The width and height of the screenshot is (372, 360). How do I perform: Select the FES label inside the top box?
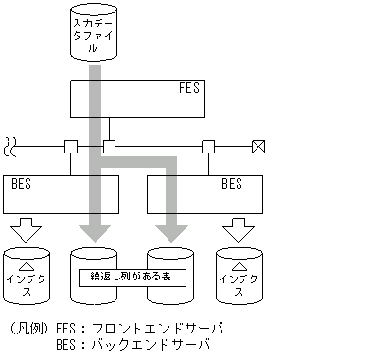point(189,89)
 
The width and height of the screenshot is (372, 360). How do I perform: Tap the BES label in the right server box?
point(231,183)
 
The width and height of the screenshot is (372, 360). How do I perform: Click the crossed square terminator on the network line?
point(257,147)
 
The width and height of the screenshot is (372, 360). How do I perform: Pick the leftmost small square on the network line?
point(70,147)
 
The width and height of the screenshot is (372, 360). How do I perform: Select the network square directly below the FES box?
point(109,147)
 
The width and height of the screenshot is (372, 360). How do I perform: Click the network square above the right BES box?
point(208,147)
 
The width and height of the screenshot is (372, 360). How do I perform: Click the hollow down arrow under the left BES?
point(29,231)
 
